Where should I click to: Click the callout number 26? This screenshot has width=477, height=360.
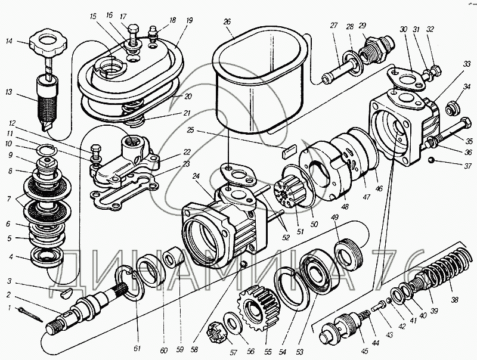point(227,22)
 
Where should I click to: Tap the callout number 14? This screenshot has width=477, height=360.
point(9,41)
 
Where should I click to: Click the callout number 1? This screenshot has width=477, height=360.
point(9,308)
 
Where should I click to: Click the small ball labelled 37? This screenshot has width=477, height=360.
point(432,159)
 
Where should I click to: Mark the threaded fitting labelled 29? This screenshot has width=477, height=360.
point(377,46)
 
